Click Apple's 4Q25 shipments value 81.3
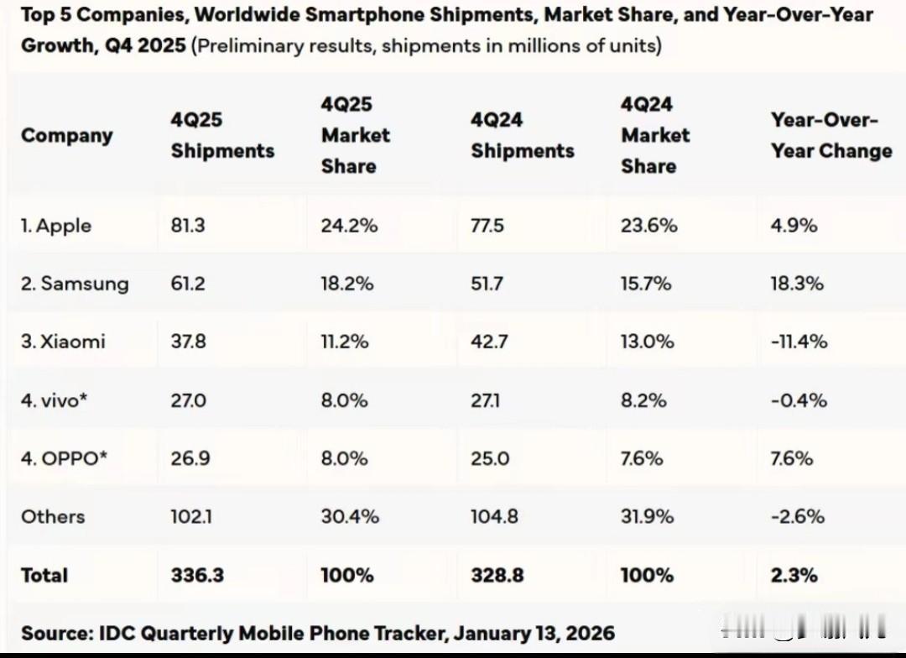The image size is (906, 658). pos(188,226)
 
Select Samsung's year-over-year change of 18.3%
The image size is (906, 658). pos(797,284)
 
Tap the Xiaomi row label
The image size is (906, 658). pos(63,342)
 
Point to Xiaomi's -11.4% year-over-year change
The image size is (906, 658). pos(799,342)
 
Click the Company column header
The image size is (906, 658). pos(67,135)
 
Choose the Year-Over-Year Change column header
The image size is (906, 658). pos(831,136)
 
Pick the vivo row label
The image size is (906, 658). pos(55,400)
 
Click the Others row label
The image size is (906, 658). pos(53,516)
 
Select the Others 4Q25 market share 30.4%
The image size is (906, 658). pos(350,516)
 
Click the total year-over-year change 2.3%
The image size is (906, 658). pos(794,575)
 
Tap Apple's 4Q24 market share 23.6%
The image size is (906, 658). pos(649,226)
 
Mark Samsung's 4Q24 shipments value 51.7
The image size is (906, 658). pos(487,284)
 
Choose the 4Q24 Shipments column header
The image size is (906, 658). pos(523,136)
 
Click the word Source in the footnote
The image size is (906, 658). pos(55,633)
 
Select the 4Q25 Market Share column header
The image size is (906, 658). pos(356,135)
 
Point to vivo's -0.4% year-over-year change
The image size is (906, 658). pos(799,400)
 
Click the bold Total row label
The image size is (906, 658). pos(44,575)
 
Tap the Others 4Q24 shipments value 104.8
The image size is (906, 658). pos(494,516)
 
